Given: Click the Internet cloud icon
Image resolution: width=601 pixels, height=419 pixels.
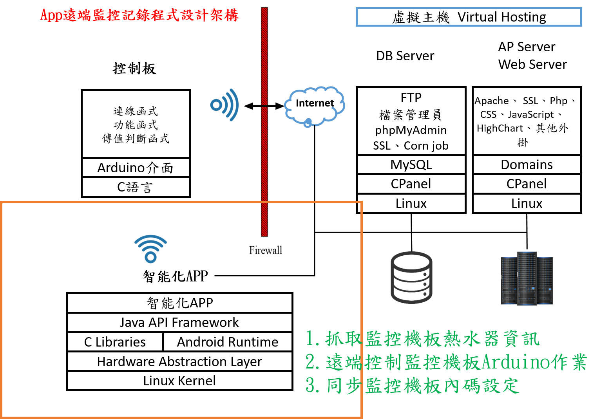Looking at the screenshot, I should (315, 106).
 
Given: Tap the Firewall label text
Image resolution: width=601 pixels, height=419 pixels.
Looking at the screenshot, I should (265, 250).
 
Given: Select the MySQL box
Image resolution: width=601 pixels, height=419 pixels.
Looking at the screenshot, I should (411, 165).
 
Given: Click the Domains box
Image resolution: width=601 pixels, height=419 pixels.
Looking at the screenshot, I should (527, 165).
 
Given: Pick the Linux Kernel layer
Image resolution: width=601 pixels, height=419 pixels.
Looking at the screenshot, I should (179, 381).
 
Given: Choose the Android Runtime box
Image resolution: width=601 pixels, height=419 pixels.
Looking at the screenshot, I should (227, 342).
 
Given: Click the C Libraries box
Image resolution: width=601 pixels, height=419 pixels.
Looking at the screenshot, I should (115, 342).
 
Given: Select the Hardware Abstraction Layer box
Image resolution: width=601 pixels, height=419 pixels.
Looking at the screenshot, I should (179, 361).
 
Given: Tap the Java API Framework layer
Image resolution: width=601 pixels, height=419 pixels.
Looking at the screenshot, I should (179, 322).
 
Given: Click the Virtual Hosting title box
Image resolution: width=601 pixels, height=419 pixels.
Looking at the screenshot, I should (469, 17).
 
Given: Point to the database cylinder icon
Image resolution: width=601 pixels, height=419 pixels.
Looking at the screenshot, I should (411, 278).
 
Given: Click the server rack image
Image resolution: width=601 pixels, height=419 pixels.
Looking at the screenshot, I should (527, 279).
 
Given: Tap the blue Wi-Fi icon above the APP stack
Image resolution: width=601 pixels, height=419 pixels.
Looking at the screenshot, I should (151, 249).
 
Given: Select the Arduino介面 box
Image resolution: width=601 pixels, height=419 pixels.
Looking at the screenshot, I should (136, 168).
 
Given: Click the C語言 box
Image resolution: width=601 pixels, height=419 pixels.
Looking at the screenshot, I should (136, 187).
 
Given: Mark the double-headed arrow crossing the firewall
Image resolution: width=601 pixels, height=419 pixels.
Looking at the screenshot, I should (264, 106).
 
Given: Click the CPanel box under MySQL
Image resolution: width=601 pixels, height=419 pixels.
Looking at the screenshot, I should (411, 184).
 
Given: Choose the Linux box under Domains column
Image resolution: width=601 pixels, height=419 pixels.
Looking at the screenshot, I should (527, 204).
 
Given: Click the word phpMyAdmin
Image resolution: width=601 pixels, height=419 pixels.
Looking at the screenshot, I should (411, 130).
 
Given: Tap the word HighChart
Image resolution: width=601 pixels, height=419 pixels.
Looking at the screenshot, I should (500, 128).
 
